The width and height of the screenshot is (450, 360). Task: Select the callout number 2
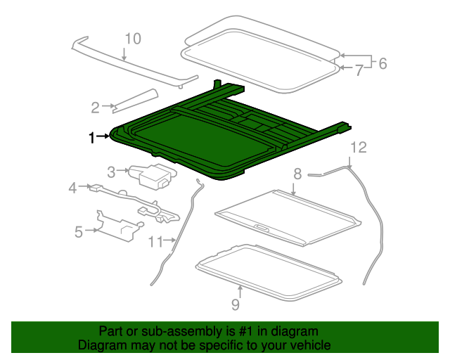(x=95, y=107)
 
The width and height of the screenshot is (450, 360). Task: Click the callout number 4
(x=72, y=188)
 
